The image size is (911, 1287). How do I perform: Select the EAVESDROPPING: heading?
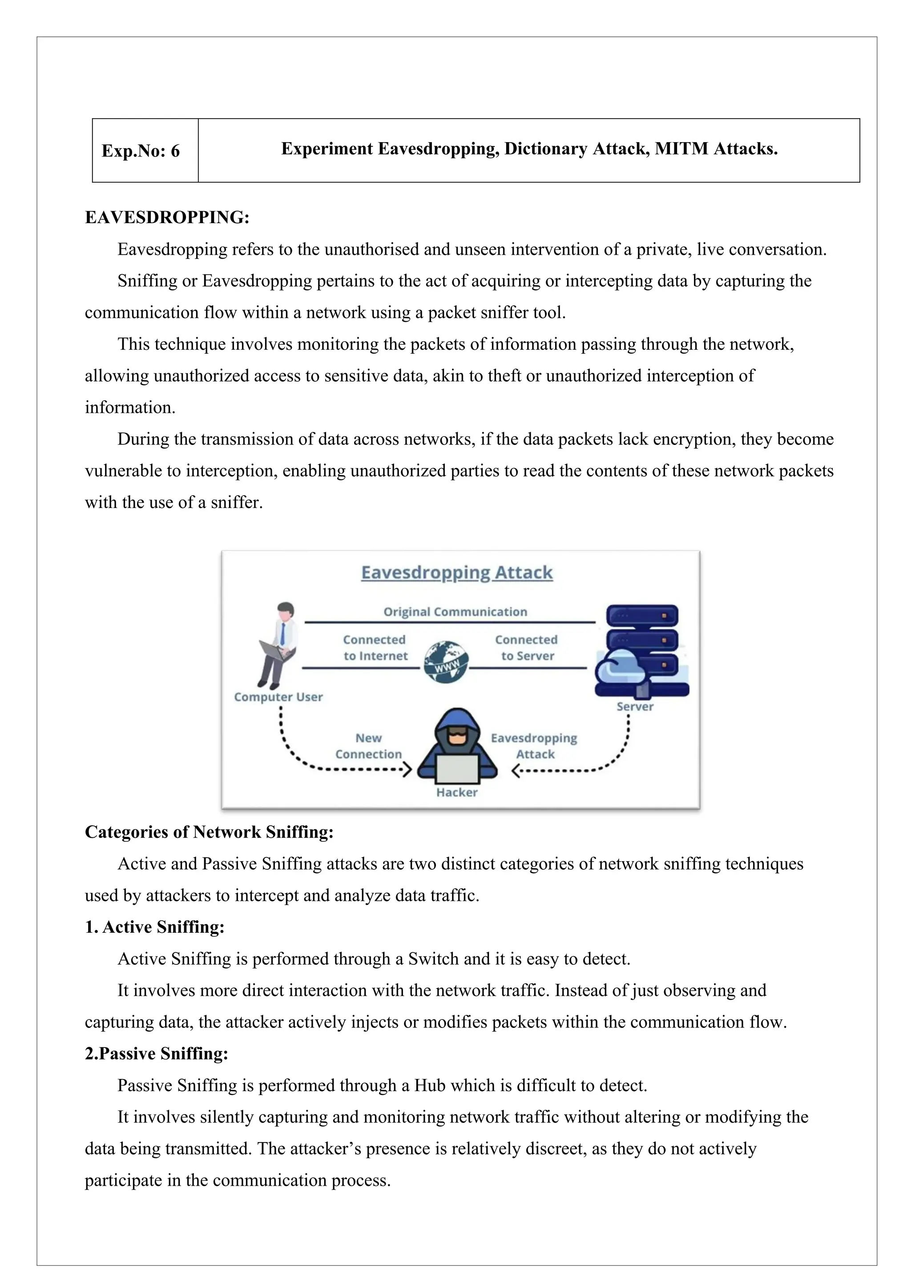pyautogui.click(x=167, y=217)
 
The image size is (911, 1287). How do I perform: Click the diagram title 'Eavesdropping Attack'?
pyautogui.click(x=457, y=572)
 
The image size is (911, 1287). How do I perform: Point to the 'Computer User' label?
pyautogui.click(x=278, y=697)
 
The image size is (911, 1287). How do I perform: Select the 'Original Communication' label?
pyautogui.click(x=455, y=612)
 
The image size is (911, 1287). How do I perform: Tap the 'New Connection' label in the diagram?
pyautogui.click(x=369, y=746)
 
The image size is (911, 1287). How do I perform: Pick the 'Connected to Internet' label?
pyautogui.click(x=375, y=647)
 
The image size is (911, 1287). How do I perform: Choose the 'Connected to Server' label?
pyautogui.click(x=526, y=647)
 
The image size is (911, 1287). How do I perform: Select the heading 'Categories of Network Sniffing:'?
pyautogui.click(x=209, y=832)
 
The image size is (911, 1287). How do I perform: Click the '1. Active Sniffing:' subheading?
pyautogui.click(x=155, y=927)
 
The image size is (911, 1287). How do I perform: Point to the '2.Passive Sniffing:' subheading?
pyautogui.click(x=157, y=1053)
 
